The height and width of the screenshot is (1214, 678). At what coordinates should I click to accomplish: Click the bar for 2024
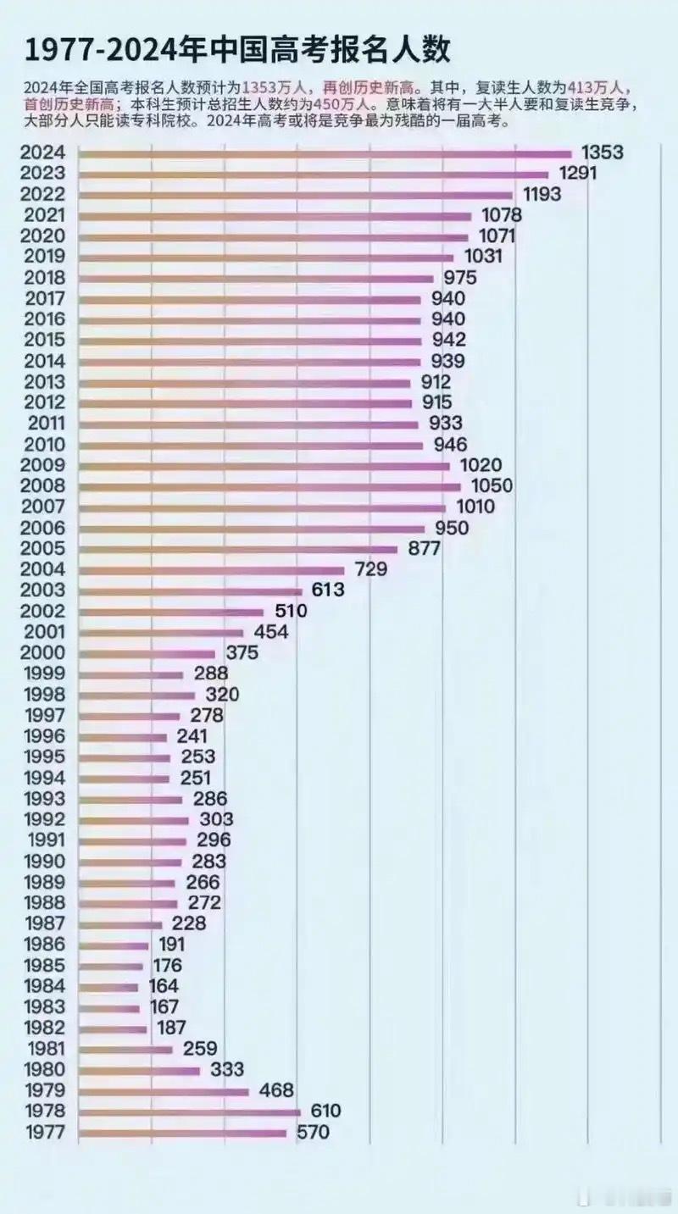click(326, 153)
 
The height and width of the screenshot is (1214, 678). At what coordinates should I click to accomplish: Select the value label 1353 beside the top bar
click(603, 152)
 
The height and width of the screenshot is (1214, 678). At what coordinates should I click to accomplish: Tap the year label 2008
click(44, 486)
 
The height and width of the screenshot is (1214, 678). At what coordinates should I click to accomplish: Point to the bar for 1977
click(183, 1133)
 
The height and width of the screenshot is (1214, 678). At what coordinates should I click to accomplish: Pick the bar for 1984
click(108, 987)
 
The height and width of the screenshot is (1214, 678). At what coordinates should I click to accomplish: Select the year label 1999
click(44, 674)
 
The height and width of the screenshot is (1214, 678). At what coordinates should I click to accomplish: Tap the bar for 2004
click(212, 570)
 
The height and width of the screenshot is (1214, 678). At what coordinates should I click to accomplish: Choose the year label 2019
click(44, 257)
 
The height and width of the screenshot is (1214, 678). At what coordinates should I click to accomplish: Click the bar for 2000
click(147, 653)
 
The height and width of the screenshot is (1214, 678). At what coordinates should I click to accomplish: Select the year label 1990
click(44, 862)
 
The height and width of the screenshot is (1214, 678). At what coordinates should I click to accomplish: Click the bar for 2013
click(246, 382)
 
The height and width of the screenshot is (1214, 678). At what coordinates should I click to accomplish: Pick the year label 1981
click(44, 1049)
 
